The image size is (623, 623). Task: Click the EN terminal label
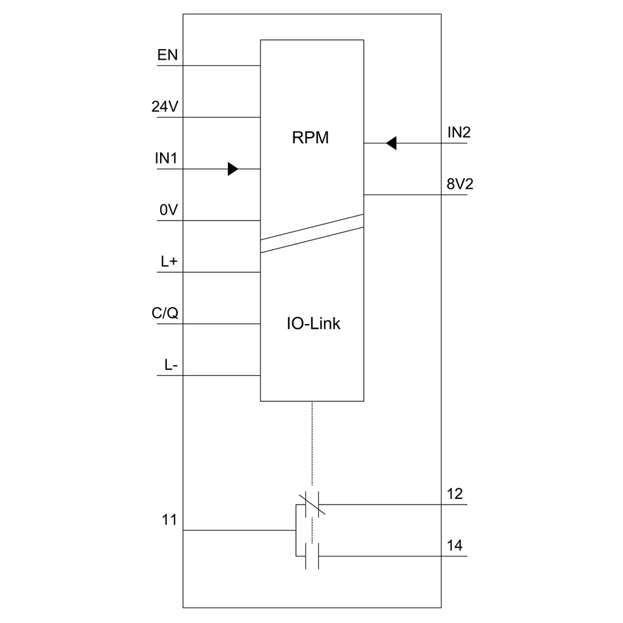[x=168, y=55]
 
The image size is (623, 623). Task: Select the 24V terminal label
[x=165, y=107]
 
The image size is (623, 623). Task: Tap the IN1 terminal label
[x=166, y=158]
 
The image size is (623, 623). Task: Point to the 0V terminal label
[x=169, y=211]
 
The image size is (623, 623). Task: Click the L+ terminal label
[x=169, y=262]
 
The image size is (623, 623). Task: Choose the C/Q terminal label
[x=165, y=313]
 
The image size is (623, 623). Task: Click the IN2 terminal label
[x=459, y=133]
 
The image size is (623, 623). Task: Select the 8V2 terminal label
[x=459, y=185]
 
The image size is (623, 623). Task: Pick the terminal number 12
[x=455, y=494]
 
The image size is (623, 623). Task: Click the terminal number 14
[x=455, y=546]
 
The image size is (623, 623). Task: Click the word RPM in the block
[x=310, y=138]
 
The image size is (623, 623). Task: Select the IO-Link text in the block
[x=313, y=324]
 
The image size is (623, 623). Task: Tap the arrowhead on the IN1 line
[x=233, y=169]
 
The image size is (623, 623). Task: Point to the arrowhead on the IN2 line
[x=391, y=143]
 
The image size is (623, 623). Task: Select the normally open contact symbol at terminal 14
[x=312, y=556]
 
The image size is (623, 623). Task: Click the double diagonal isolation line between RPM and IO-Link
[x=311, y=234]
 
